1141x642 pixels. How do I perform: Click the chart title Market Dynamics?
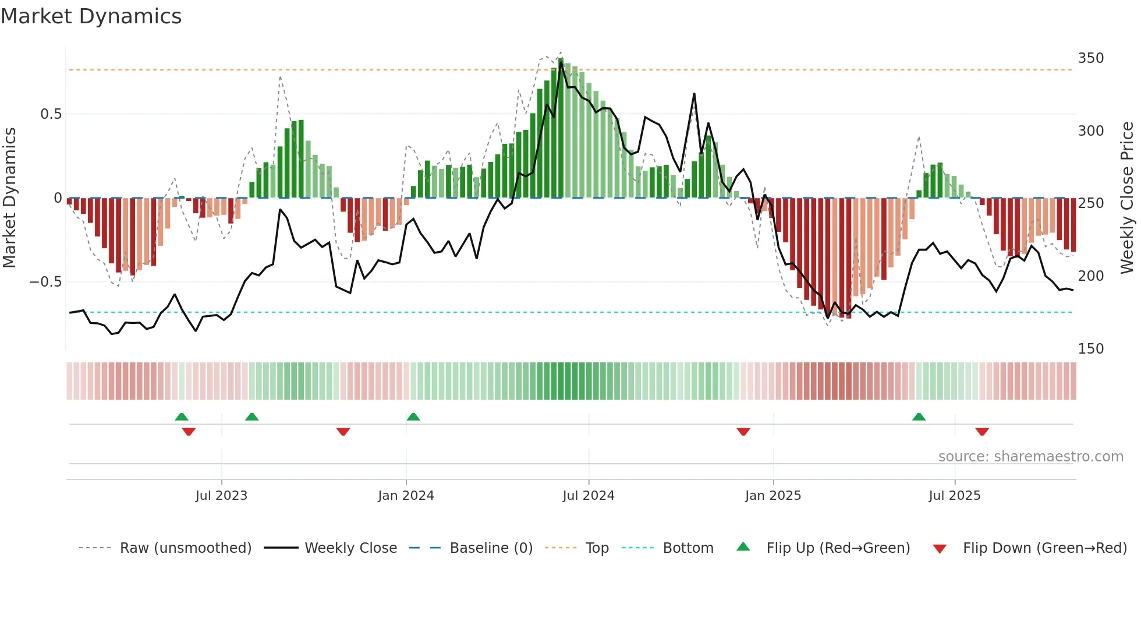point(91,16)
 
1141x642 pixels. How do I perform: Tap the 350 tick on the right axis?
point(1090,58)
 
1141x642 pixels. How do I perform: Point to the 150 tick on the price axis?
point(1090,348)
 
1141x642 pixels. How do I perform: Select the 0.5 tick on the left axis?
point(51,114)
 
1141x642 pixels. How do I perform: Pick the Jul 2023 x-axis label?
point(221,496)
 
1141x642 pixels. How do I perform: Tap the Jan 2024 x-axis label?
point(406,496)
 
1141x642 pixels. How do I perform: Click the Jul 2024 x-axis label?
point(589,496)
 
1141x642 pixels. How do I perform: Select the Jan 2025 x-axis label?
point(773,496)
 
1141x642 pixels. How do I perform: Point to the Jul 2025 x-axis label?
point(955,496)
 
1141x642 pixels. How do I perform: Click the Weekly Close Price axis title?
point(1127,198)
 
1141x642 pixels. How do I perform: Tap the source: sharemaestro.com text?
point(1030,457)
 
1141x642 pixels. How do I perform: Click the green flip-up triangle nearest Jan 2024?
point(413,417)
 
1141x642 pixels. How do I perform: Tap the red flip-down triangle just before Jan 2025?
point(743,432)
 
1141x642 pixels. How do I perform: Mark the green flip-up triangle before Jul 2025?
point(919,417)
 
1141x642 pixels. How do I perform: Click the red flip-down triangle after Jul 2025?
point(982,432)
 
